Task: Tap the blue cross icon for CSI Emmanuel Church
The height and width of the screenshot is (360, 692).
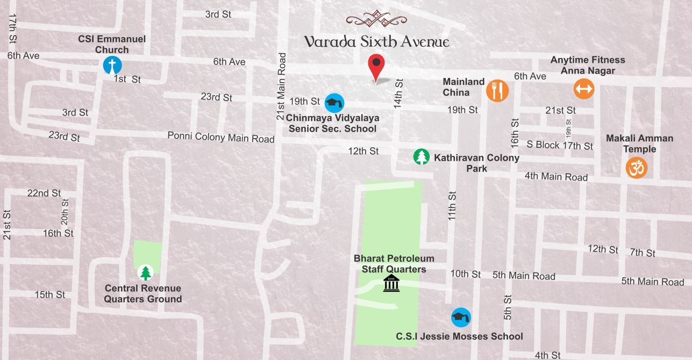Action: (x=112, y=66)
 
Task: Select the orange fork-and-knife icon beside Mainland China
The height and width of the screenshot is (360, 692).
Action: (x=497, y=90)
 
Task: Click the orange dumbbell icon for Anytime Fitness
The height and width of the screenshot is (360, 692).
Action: (x=583, y=89)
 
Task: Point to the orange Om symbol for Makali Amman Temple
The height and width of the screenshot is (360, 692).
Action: (x=637, y=168)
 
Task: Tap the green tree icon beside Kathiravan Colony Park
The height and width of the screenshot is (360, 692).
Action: (x=422, y=157)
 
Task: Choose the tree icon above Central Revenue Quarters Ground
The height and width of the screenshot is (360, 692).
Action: (x=145, y=272)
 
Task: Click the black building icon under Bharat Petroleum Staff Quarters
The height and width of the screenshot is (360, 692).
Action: (x=391, y=283)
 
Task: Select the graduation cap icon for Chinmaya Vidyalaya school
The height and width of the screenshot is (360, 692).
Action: (x=334, y=103)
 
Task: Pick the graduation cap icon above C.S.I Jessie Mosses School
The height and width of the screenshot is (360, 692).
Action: (x=461, y=317)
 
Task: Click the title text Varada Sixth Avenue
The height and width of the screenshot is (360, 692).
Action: (x=376, y=42)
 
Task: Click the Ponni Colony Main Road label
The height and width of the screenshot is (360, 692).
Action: (x=221, y=137)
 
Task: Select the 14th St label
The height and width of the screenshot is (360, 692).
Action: (x=398, y=94)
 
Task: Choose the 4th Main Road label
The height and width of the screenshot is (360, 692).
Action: (x=556, y=176)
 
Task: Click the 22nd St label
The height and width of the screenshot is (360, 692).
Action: (x=44, y=193)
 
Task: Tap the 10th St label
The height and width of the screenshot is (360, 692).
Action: (x=466, y=274)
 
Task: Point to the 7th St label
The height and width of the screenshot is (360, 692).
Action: (x=643, y=253)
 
